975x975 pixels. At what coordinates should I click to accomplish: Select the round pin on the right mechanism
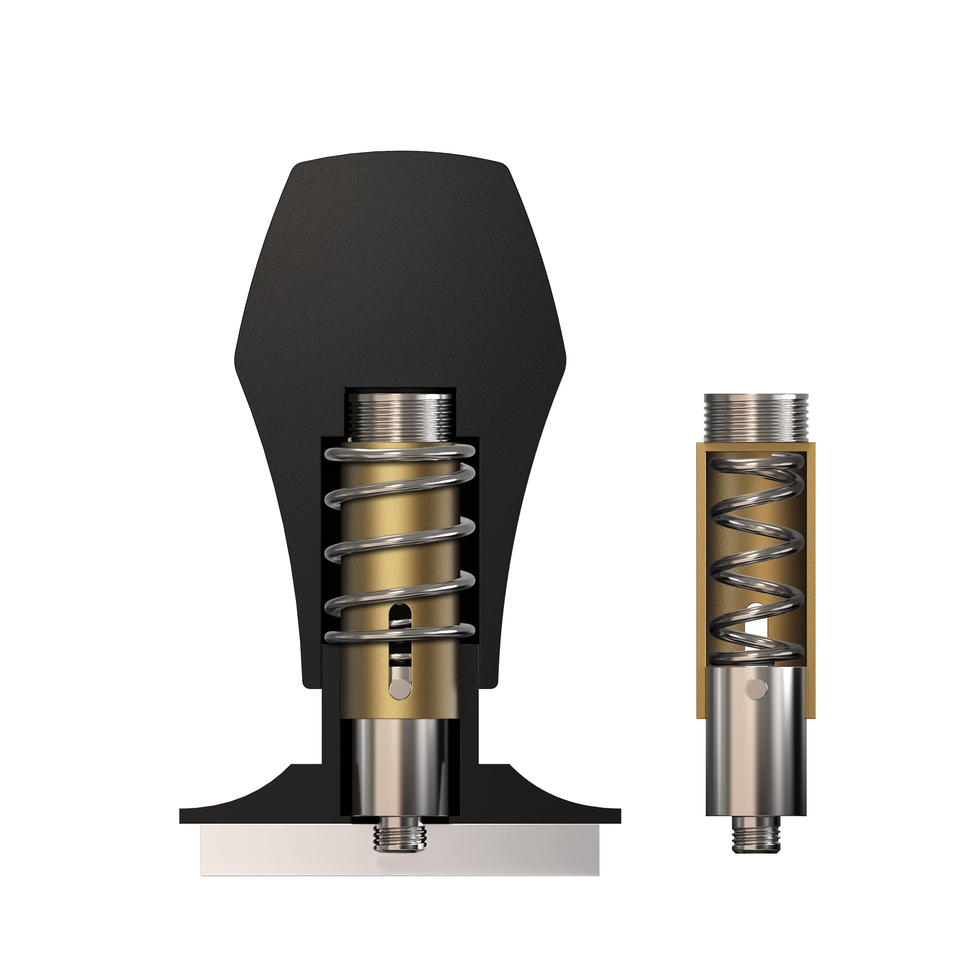click(755, 687)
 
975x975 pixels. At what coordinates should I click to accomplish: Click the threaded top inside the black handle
click(401, 416)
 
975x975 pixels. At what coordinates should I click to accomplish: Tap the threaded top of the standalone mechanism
click(755, 417)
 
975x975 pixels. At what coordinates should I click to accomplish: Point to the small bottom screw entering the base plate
click(400, 838)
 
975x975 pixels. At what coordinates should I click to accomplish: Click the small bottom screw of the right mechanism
click(755, 835)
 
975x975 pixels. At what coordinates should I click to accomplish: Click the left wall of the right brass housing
click(701, 580)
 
